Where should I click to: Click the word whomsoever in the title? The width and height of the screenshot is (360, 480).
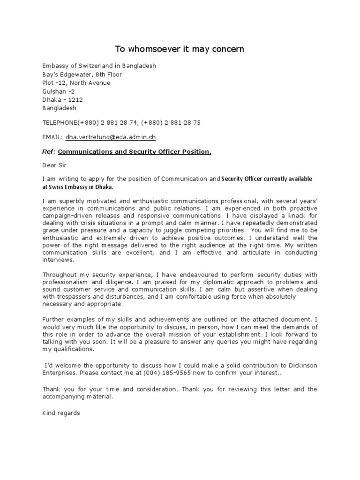tap(157, 49)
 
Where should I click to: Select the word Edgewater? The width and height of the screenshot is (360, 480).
tap(75, 75)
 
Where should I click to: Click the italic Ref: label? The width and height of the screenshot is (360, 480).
tap(49, 151)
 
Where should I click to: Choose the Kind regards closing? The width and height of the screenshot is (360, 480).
tap(61, 413)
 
